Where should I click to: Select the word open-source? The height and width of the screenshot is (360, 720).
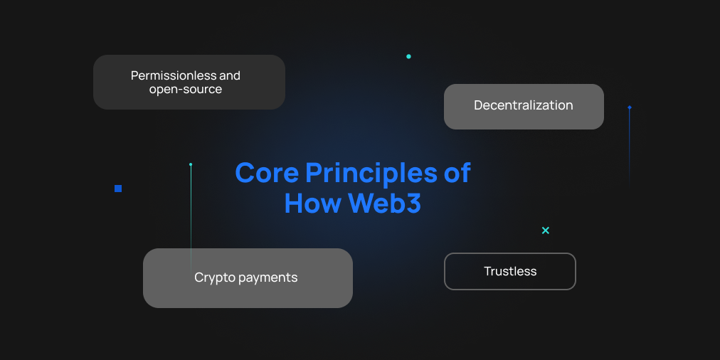[186, 89]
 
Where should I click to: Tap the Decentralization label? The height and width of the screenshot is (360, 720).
[524, 105]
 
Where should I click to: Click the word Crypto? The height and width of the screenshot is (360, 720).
[213, 277]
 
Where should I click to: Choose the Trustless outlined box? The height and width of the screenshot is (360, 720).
[509, 254]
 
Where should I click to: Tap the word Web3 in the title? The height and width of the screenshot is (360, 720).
[385, 203]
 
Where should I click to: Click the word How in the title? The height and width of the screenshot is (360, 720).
[314, 203]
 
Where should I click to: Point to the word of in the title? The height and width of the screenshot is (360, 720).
[457, 173]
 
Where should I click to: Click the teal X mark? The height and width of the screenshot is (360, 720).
[546, 231]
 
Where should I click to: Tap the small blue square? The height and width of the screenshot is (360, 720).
[118, 189]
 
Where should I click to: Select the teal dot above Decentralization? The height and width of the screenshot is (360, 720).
[408, 56]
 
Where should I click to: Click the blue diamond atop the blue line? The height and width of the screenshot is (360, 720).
[630, 107]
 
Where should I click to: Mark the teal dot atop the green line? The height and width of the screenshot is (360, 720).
[191, 164]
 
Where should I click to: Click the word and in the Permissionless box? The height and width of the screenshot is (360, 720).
[230, 75]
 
